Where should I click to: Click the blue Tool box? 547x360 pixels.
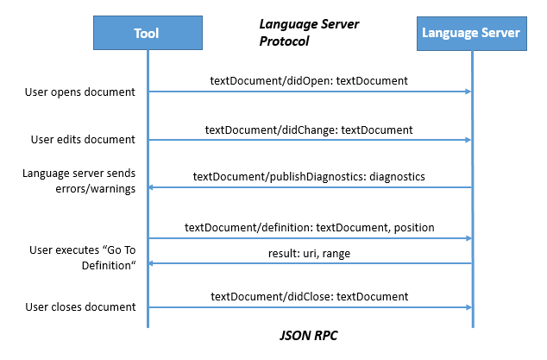[x=147, y=34]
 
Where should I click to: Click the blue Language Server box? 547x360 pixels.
[x=470, y=34]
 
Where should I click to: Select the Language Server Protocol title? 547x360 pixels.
[x=309, y=33]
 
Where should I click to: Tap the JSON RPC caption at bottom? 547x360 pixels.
[x=308, y=332]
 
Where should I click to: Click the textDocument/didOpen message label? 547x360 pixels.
[x=309, y=80]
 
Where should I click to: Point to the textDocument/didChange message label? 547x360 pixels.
[x=309, y=129]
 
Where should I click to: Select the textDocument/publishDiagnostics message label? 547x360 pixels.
[x=309, y=176]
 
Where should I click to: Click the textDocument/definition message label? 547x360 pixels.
[x=309, y=227]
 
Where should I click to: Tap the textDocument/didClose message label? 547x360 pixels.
[x=309, y=296]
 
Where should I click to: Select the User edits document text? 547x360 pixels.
[x=79, y=139]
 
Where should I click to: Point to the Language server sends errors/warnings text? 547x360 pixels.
[x=79, y=181]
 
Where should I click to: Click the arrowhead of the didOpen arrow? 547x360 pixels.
[x=467, y=92]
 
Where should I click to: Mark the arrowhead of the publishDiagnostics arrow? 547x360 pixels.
[x=153, y=187]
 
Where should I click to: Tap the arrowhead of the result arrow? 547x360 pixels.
[x=153, y=265]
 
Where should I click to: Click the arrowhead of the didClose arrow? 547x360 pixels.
[x=467, y=306]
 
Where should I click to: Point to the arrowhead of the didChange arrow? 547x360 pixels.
[x=467, y=140]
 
